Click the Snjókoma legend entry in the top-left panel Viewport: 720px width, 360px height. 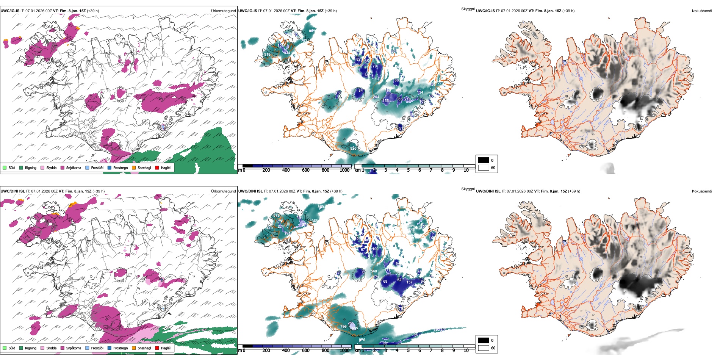(74, 168)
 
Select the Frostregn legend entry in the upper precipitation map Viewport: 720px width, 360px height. (120, 168)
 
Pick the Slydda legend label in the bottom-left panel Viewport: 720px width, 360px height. (51, 348)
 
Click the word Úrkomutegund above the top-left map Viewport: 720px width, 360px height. (223, 11)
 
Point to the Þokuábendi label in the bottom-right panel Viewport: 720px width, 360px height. (702, 191)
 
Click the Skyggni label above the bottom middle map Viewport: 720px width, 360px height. (468, 189)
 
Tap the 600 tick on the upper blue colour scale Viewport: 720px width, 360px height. (305, 170)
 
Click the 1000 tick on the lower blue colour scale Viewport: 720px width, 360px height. (344, 351)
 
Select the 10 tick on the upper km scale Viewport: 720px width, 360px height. (466, 170)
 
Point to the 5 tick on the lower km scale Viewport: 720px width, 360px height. (408, 351)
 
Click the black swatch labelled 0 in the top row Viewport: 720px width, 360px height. (484, 160)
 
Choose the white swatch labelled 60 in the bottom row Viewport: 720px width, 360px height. (484, 348)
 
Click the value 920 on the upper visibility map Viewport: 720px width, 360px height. (353, 148)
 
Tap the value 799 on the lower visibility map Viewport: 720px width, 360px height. (343, 326)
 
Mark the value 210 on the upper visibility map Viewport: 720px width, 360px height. (407, 99)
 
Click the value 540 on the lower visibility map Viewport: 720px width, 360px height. (374, 271)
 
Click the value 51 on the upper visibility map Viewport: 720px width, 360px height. (401, 128)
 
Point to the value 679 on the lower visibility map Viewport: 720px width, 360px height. (276, 216)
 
